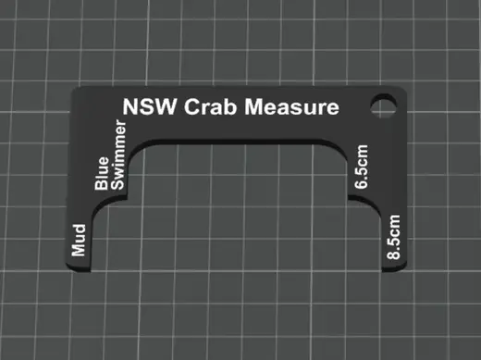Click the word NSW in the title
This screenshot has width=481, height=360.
[x=150, y=106]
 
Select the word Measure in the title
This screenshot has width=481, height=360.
[x=291, y=107]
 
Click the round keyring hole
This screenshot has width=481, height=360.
[x=383, y=106]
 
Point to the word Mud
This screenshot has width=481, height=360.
[x=79, y=241]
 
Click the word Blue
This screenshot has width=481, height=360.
[x=102, y=173]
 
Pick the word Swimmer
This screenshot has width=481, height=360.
[x=118, y=155]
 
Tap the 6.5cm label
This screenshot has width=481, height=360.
[x=361, y=167]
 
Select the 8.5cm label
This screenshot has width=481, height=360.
[x=393, y=237]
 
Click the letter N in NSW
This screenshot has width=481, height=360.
[x=130, y=106]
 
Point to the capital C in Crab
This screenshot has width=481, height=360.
[x=191, y=106]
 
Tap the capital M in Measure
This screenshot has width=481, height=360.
[x=253, y=106]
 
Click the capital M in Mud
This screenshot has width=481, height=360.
[x=79, y=249]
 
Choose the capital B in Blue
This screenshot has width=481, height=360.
[x=102, y=184]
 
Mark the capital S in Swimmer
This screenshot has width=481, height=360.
[x=117, y=184]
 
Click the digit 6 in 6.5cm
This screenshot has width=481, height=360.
[x=361, y=184]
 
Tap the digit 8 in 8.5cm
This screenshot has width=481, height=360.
[x=393, y=254]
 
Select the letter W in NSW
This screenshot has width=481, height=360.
[x=166, y=106]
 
